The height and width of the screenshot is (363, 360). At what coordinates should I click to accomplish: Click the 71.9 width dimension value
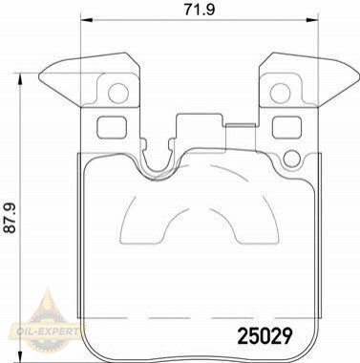(200, 9)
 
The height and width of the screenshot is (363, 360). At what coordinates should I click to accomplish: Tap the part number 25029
(265, 336)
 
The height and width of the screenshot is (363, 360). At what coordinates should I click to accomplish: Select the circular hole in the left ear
(118, 94)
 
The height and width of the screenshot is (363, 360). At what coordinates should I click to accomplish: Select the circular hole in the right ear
(280, 94)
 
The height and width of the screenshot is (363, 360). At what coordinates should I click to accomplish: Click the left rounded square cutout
(112, 127)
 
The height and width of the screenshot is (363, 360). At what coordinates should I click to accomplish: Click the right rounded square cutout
(286, 127)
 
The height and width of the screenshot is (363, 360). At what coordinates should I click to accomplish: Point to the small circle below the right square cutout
(291, 159)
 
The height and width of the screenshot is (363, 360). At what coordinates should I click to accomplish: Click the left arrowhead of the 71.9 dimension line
(87, 20)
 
